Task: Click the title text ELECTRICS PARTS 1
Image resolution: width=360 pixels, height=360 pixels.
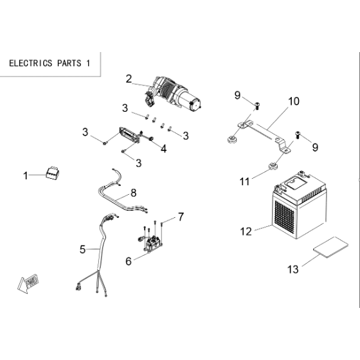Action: [x=50, y=63]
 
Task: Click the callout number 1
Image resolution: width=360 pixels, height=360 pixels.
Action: [x=25, y=176]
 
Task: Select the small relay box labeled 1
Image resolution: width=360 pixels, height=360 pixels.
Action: [x=52, y=173]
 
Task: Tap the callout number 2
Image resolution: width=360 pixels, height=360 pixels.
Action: [x=129, y=79]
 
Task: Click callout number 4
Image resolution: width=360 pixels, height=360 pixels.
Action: [x=163, y=148]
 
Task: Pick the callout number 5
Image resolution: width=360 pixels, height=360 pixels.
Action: [x=82, y=249]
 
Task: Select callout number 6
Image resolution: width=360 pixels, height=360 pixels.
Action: [x=129, y=261]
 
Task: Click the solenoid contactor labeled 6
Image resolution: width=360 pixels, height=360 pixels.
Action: [x=152, y=244]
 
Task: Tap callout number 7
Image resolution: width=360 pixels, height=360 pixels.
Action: [x=181, y=217]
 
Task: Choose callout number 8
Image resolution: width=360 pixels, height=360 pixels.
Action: [x=134, y=193]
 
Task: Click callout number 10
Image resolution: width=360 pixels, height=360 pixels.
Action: [x=294, y=102]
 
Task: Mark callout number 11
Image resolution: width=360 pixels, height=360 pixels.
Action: [x=244, y=181]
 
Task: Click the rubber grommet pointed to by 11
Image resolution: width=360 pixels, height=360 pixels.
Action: [x=273, y=166]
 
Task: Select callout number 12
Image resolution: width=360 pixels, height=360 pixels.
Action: [x=246, y=231]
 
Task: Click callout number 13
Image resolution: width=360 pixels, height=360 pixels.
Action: [x=293, y=269]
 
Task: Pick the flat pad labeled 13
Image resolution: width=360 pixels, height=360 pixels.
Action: [x=330, y=248]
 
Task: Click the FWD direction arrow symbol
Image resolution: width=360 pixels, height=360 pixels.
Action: [x=28, y=283]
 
